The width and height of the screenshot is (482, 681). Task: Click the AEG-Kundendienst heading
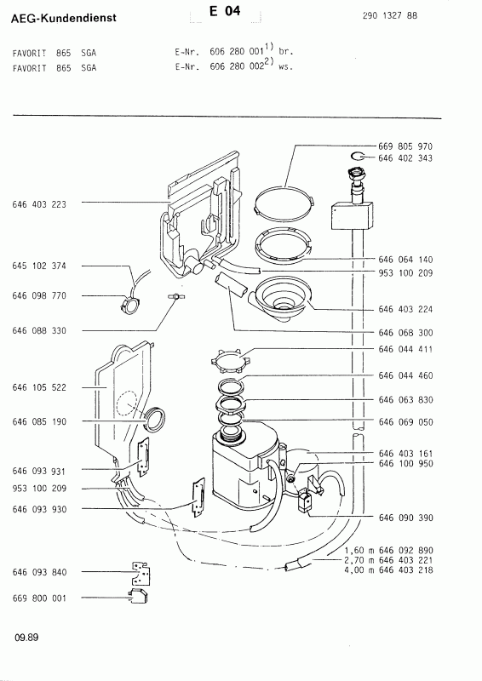click(59, 17)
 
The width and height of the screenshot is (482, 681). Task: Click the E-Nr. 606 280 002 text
click(232, 67)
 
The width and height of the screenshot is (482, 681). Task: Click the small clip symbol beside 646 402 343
click(359, 157)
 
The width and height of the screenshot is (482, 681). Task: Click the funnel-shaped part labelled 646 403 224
click(284, 297)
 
